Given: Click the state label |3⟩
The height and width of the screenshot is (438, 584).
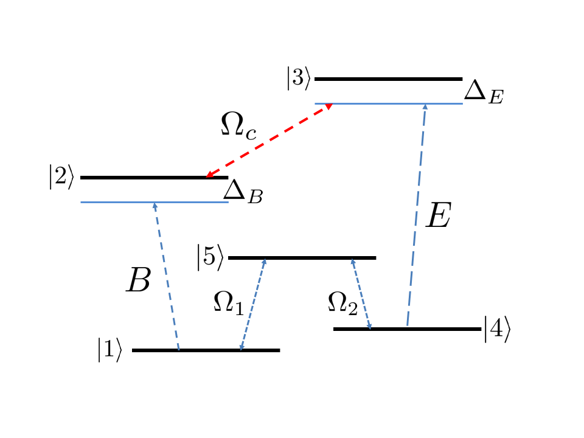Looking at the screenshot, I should [x=299, y=80].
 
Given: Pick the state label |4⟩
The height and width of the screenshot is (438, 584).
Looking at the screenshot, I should [x=497, y=329].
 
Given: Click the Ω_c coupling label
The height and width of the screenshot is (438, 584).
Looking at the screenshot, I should [x=238, y=127].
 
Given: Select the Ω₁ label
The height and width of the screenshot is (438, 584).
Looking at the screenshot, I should [x=228, y=302].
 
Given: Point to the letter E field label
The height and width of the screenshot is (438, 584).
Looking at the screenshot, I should [x=438, y=217].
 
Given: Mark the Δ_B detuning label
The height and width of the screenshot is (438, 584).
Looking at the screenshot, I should [x=243, y=192].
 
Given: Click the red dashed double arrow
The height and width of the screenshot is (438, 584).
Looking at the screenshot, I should [x=268, y=141].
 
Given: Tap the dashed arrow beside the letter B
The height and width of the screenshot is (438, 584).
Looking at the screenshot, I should [x=167, y=277].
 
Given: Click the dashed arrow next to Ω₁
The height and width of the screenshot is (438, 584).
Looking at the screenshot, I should [x=253, y=304].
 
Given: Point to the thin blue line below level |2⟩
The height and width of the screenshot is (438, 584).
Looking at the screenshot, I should [x=122, y=202].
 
